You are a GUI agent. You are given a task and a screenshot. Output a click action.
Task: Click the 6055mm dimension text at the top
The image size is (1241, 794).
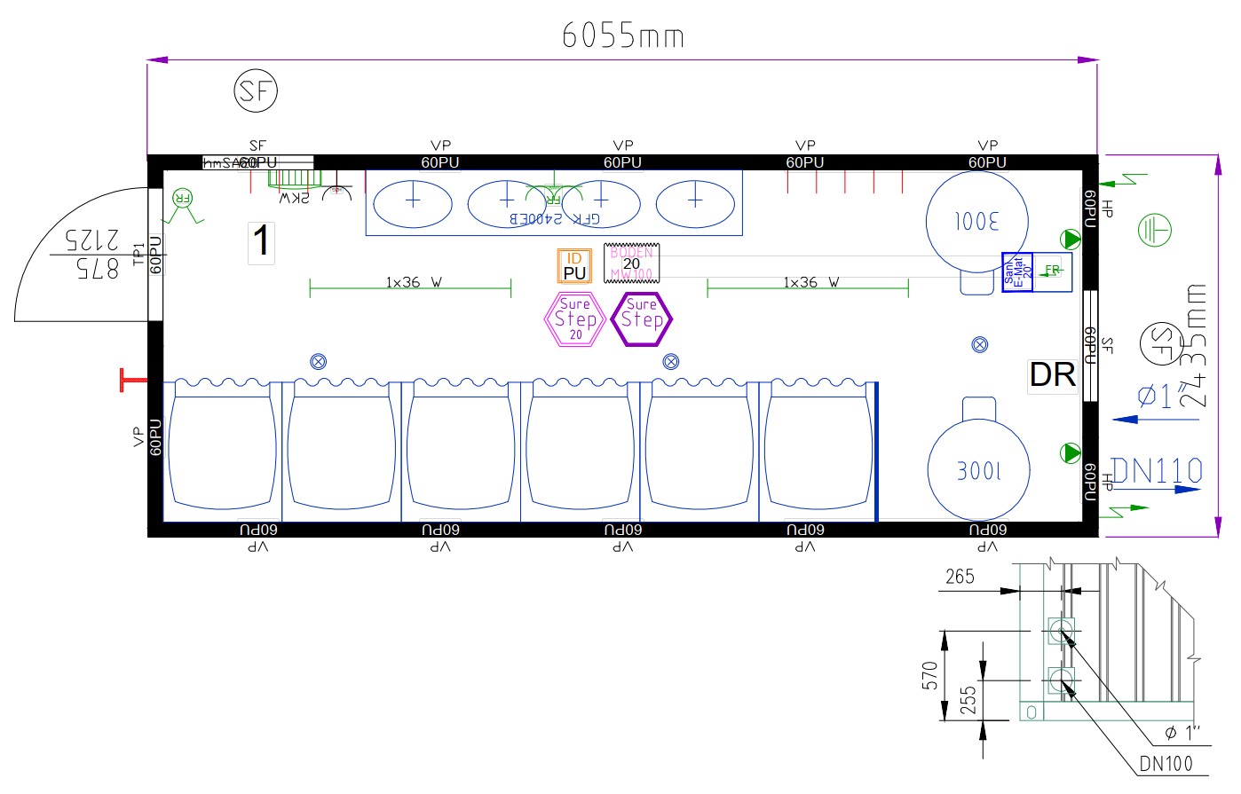[623, 35]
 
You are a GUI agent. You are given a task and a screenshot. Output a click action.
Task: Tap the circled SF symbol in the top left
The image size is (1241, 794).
[256, 91]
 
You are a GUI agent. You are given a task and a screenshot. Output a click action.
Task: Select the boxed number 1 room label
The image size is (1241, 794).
[261, 241]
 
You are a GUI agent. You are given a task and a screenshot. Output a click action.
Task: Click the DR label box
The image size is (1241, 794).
[1052, 375]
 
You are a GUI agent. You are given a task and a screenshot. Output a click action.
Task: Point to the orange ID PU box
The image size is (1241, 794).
[574, 266]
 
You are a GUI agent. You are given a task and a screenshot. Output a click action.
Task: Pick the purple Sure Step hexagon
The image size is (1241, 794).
[642, 318]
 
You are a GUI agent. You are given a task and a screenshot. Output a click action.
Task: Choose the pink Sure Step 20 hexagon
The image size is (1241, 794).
[575, 319]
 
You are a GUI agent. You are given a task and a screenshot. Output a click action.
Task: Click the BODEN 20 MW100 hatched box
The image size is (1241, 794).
[632, 263]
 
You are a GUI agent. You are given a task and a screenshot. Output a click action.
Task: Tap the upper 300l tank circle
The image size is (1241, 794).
[976, 219]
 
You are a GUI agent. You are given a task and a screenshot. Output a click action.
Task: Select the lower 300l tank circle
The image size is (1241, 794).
[978, 470]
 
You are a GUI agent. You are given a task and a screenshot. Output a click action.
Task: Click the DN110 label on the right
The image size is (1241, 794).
[1157, 471]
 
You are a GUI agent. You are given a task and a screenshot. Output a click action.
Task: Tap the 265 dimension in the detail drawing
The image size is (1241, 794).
[959, 578]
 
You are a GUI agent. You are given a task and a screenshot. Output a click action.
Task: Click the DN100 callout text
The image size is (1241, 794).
[1166, 764]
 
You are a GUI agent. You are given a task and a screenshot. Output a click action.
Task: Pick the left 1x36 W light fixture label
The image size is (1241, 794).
[414, 282]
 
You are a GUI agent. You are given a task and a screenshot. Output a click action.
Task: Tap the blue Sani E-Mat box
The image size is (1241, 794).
[1017, 272]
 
